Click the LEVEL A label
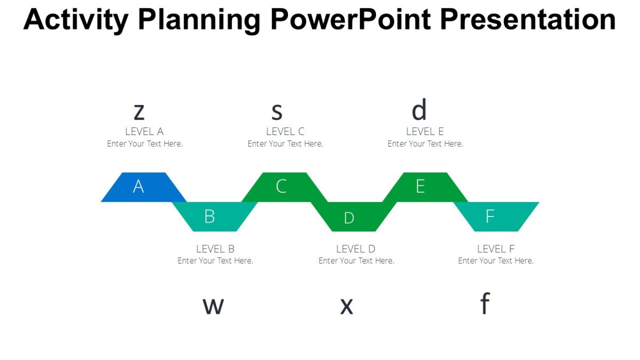click(144, 131)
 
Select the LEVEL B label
click(215, 249)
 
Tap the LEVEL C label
click(285, 131)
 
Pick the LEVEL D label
click(356, 249)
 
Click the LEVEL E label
click(425, 131)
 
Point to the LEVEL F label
click(495, 249)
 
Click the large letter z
click(139, 112)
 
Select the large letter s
click(276, 111)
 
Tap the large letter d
click(419, 110)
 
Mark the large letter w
click(213, 306)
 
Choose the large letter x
click(347, 306)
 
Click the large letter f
click(484, 303)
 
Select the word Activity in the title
click(76, 20)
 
